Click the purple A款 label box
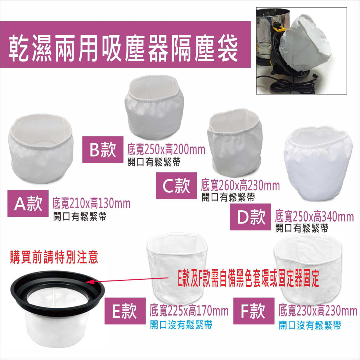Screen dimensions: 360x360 [x=28, y=203]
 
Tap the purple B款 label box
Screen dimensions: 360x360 [x=103, y=149]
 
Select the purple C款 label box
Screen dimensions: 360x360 [x=176, y=185]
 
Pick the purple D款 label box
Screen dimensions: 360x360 [x=250, y=217]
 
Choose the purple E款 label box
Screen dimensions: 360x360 [x=125, y=311]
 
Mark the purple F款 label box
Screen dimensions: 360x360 [x=254, y=311]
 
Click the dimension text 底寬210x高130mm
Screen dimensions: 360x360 [x=91, y=203]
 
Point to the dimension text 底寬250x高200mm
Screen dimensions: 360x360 [x=166, y=149]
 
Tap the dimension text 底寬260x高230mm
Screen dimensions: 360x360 [x=240, y=185]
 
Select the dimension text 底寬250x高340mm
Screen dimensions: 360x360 [x=314, y=217]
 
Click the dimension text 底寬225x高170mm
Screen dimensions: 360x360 [x=189, y=311]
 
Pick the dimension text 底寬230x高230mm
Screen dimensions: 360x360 [x=318, y=311]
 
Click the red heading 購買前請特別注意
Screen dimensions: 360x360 [x=54, y=257]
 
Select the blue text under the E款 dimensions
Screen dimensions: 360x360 [x=181, y=325]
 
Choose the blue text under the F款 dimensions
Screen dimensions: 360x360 [x=310, y=325]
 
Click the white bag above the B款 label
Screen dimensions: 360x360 [x=154, y=107]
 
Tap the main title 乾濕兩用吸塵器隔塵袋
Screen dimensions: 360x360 [x=123, y=49]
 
